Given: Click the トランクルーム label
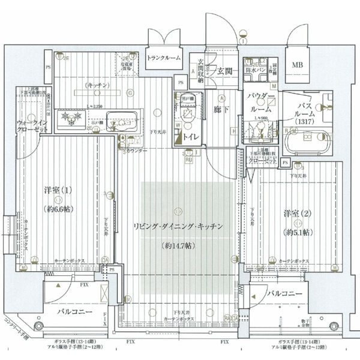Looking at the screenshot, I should click(164, 58).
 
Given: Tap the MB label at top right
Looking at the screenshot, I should click(297, 64).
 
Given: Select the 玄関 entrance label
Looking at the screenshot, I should click(225, 72).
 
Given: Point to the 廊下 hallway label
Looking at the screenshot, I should click(221, 110).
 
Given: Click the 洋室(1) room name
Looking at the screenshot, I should click(59, 191).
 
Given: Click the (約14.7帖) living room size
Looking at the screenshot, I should click(178, 245).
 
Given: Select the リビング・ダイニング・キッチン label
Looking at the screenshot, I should click(178, 226).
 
